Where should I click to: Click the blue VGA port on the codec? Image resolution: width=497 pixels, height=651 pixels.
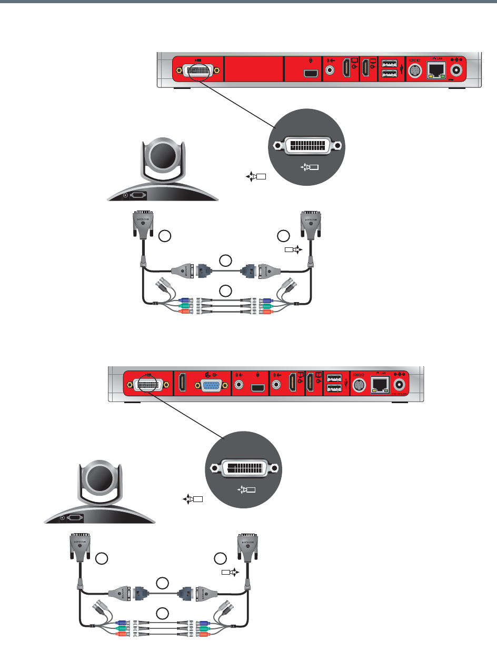coord(208,385)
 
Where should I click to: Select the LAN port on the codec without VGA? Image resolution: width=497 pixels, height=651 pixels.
coord(435,71)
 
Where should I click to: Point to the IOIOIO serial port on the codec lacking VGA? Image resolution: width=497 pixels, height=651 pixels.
coord(413,70)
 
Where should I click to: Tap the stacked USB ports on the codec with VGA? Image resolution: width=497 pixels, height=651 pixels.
coord(333,383)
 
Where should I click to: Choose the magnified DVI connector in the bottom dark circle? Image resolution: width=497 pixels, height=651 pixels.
coord(242,467)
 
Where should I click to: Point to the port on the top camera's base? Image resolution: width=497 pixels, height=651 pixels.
coord(137,195)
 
